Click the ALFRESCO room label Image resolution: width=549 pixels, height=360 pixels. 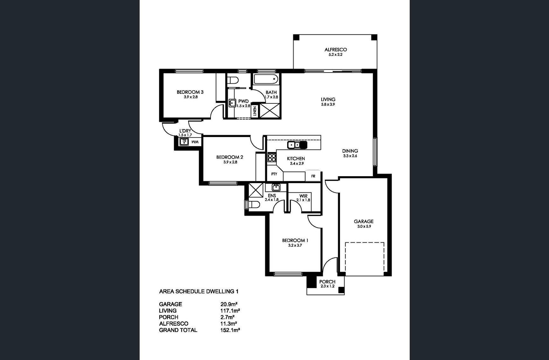coord(336,50)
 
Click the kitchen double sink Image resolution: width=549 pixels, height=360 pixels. coord(297,145)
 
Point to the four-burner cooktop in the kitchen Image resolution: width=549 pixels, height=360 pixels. coord(272,158)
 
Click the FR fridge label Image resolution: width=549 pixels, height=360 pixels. coord(313,176)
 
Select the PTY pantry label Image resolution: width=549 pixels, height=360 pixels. coord(274,174)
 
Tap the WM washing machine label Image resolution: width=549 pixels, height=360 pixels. coord(195,142)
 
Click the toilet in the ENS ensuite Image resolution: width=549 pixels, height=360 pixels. coord(253,204)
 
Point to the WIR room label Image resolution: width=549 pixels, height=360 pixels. coord(303,196)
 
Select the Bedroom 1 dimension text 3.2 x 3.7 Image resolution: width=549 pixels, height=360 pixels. coord(295,245)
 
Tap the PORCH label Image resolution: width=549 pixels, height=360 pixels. coord(327,281)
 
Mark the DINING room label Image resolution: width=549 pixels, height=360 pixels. coord(350,151)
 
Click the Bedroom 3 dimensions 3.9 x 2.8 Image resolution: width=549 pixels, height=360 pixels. coord(191,97)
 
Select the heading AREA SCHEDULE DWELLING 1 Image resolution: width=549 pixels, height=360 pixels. coord(198,291)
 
